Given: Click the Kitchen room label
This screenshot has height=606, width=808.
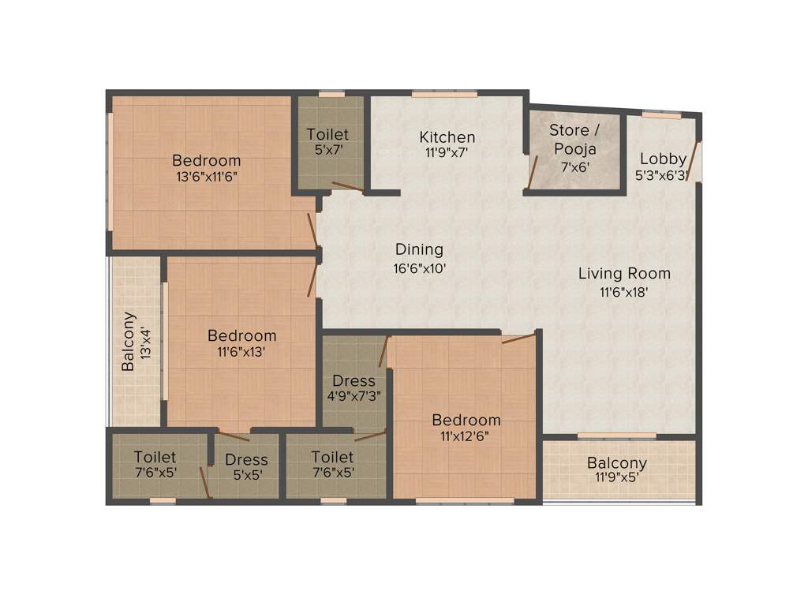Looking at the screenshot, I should pyautogui.click(x=447, y=137).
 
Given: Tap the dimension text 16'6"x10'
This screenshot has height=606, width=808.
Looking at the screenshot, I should pyautogui.click(x=421, y=268).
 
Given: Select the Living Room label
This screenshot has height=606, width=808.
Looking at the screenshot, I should pyautogui.click(x=624, y=274).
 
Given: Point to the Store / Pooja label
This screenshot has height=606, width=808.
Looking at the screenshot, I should pyautogui.click(x=574, y=139).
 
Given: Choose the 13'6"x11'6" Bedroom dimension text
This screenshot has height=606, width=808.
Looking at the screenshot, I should pyautogui.click(x=207, y=177).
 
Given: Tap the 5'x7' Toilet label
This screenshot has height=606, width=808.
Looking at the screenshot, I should pyautogui.click(x=327, y=150).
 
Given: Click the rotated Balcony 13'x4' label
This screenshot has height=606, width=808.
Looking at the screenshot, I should pyautogui.click(x=136, y=342).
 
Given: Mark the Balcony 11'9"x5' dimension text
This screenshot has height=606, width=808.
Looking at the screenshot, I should pyautogui.click(x=616, y=477).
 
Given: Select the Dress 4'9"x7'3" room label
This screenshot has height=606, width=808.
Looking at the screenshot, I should pyautogui.click(x=353, y=381).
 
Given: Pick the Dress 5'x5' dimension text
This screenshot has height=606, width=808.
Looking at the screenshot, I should pyautogui.click(x=246, y=475).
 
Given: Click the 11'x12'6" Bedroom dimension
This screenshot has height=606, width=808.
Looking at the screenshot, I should pyautogui.click(x=465, y=436).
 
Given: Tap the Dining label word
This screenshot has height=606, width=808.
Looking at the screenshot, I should pyautogui.click(x=419, y=250).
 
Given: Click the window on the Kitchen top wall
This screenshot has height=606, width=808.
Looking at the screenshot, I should pyautogui.click(x=444, y=94).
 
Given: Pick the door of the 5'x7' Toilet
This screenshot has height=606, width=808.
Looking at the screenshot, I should pyautogui.click(x=347, y=187).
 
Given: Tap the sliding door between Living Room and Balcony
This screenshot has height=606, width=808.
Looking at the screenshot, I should pyautogui.click(x=616, y=436).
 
